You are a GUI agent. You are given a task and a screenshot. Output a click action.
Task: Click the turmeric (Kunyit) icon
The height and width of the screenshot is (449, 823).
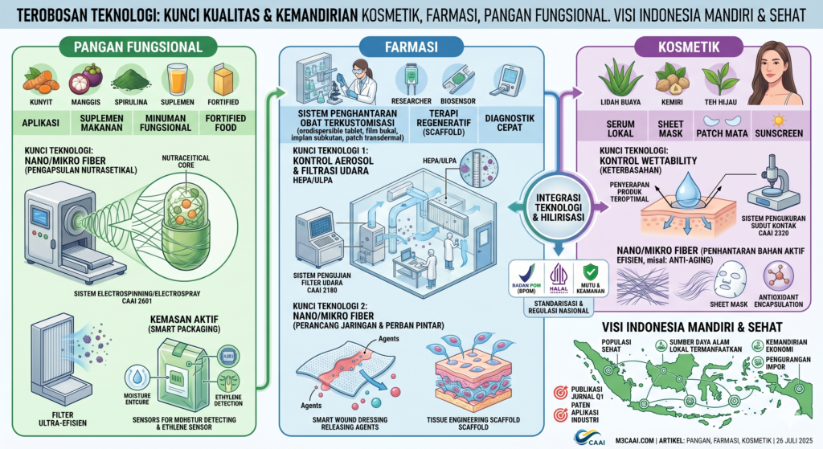[38, 80]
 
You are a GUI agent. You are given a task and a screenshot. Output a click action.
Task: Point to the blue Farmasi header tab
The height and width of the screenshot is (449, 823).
[410, 47]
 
